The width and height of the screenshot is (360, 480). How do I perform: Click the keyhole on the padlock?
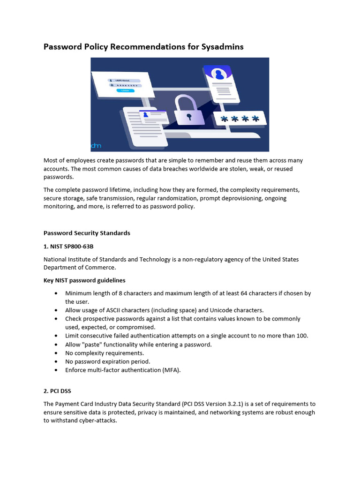pyautogui.click(x=189, y=115)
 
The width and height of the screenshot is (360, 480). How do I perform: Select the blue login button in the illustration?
pyautogui.click(x=125, y=90)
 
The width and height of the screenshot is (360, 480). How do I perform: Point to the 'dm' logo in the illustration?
pyautogui.click(x=96, y=146)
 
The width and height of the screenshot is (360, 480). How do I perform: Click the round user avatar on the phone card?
pyautogui.click(x=218, y=74)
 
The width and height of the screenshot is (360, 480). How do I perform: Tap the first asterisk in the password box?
pyautogui.click(x=225, y=120)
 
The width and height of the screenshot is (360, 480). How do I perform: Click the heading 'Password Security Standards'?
pyautogui.click(x=87, y=233)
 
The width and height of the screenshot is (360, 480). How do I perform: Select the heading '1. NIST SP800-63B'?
pyautogui.click(x=72, y=246)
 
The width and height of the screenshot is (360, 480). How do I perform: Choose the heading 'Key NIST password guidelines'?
pyautogui.click(x=84, y=280)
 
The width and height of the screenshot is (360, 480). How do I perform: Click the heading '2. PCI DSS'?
pyautogui.click(x=57, y=390)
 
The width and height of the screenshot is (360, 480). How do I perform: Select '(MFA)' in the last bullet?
pyautogui.click(x=171, y=370)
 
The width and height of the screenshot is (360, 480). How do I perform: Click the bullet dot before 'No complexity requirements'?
pyautogui.click(x=56, y=353)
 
